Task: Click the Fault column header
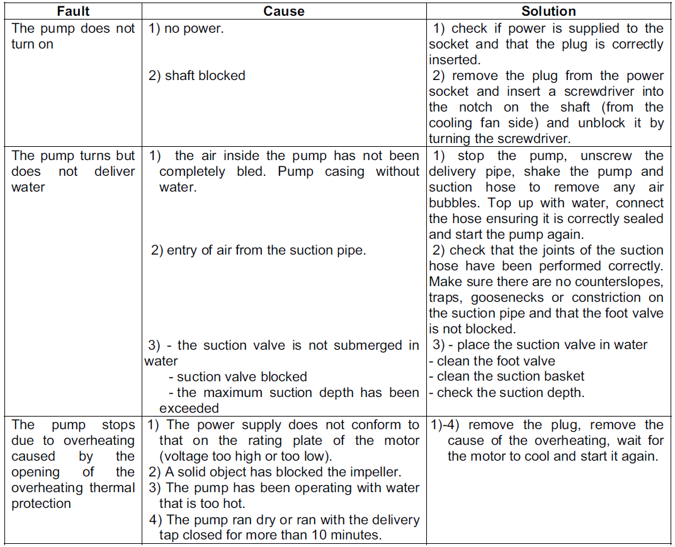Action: (74, 11)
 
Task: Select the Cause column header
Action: (284, 11)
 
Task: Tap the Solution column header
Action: (548, 11)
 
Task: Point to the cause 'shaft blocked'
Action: (205, 76)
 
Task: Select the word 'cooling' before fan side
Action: (451, 123)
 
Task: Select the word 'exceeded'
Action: (190, 408)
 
